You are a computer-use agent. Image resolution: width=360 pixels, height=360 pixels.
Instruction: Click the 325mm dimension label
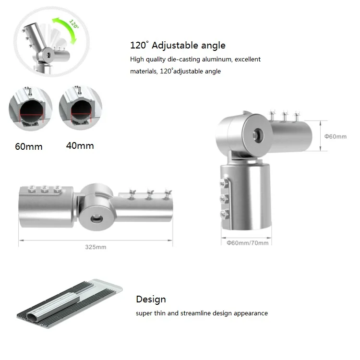click(x=96, y=247)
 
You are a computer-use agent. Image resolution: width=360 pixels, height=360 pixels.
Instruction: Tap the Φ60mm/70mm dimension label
click(x=248, y=243)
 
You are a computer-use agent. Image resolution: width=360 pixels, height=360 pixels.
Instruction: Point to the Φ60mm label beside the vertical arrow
click(x=335, y=136)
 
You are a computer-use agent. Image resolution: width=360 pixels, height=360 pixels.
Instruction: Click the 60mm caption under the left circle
click(x=29, y=146)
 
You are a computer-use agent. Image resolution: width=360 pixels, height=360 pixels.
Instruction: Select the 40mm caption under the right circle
click(x=80, y=145)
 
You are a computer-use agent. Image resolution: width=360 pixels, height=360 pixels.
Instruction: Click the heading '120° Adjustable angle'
click(x=178, y=45)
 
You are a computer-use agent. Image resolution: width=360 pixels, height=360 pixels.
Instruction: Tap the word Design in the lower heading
click(x=151, y=299)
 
